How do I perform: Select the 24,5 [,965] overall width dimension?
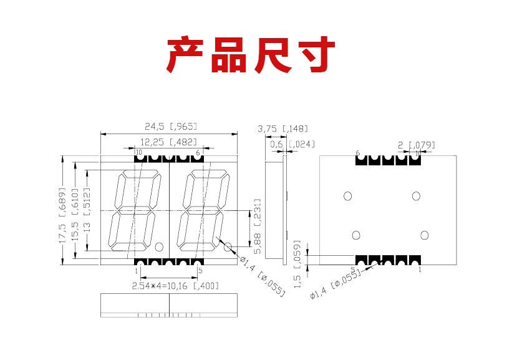169,126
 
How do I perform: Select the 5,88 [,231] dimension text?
257,226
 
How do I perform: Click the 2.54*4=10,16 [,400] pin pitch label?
175,286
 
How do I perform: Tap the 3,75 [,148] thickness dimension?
282,129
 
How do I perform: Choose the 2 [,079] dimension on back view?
416,145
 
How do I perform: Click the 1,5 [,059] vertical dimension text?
297,264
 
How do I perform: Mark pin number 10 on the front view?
138,152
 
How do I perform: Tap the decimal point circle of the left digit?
159,246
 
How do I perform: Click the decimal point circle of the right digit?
228,247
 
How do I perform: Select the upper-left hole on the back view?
347,196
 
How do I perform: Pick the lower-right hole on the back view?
424,235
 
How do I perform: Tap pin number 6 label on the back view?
358,153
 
